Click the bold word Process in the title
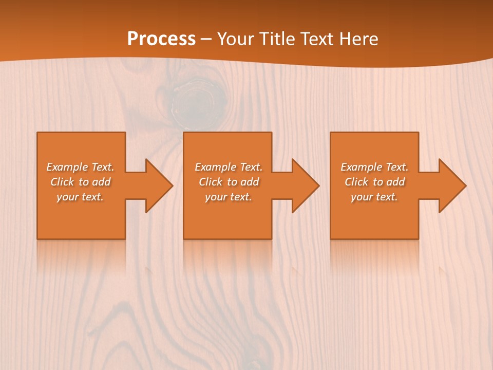click(161, 39)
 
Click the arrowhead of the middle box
click(305, 186)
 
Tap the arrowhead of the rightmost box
click(452, 186)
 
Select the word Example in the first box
click(67, 167)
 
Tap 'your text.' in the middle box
click(228, 197)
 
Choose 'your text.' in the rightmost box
click(374, 197)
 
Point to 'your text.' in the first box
click(80, 197)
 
